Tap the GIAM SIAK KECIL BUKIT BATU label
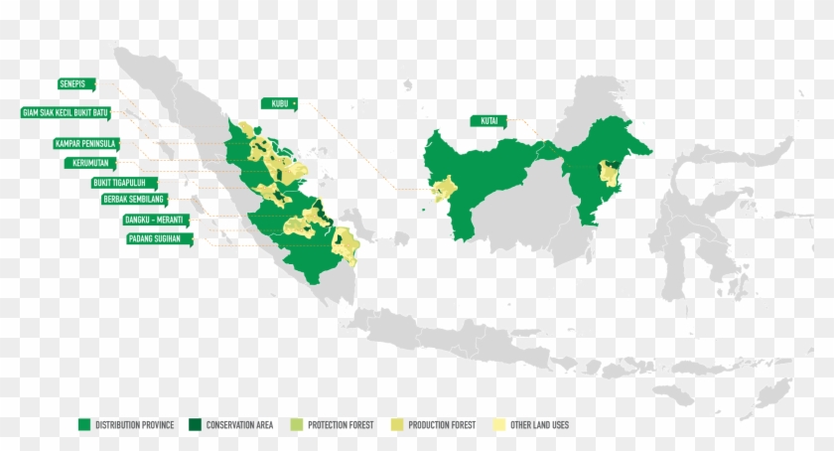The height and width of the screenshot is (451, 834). pyautogui.click(x=67, y=112)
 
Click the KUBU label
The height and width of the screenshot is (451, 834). pyautogui.click(x=278, y=102)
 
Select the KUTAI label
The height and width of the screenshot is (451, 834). pyautogui.click(x=486, y=121)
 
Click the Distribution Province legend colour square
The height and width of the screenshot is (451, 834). pyautogui.click(x=85, y=425)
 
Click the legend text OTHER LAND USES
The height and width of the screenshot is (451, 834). pyautogui.click(x=539, y=425)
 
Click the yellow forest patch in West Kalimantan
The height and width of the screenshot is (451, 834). pyautogui.click(x=444, y=188)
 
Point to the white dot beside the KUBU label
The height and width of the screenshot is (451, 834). pyautogui.click(x=295, y=102)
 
